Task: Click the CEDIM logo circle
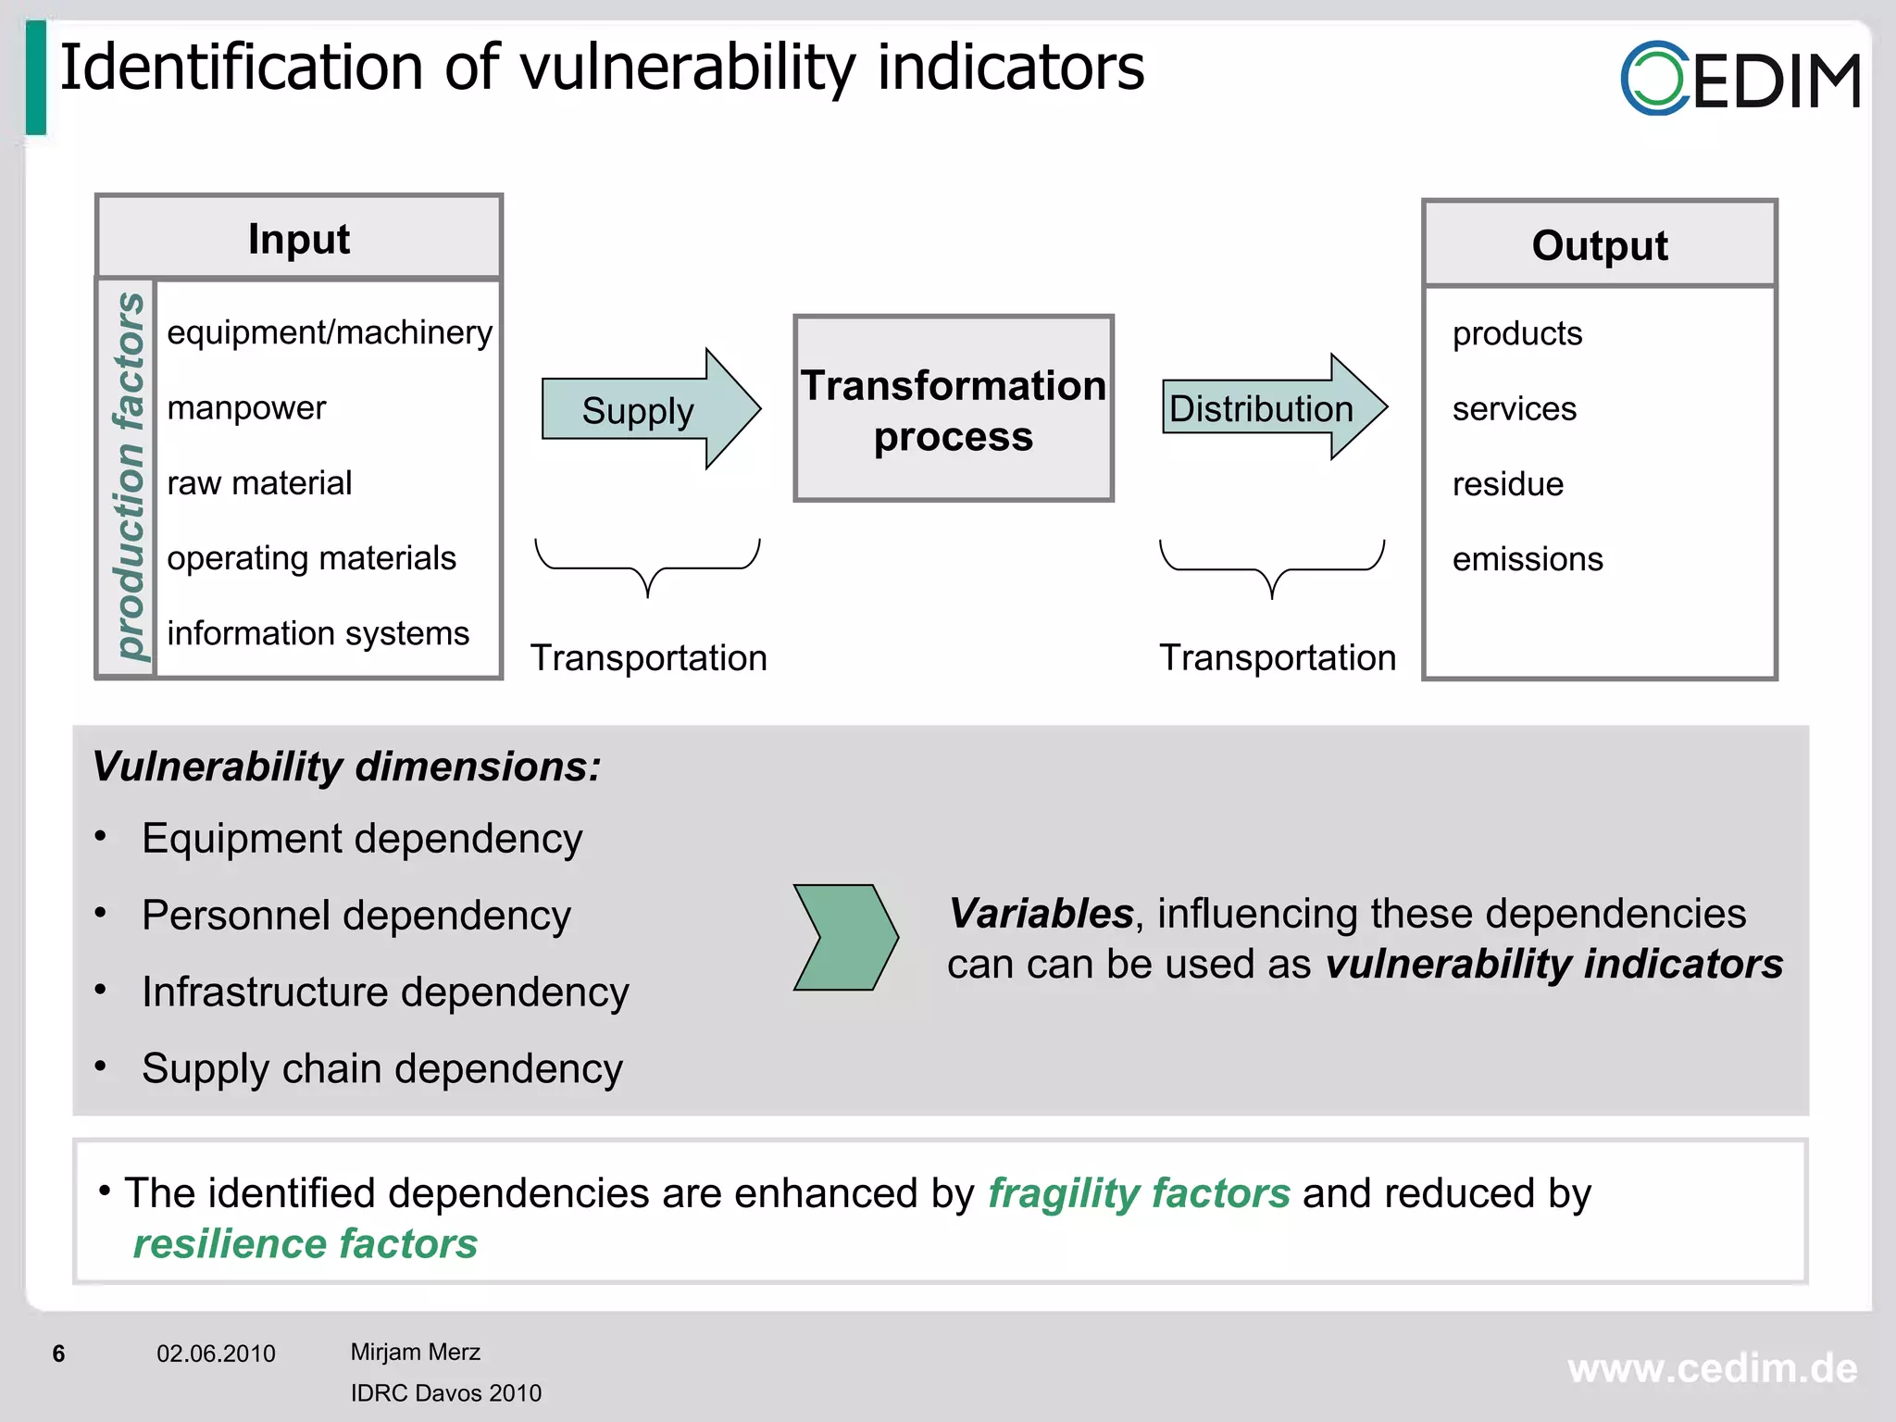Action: [x=1654, y=79]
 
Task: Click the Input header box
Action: [x=299, y=238]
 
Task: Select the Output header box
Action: [x=1599, y=244]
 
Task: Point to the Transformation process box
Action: [x=953, y=409]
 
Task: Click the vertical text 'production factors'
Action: [x=129, y=477]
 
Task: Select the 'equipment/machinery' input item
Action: [x=329, y=332]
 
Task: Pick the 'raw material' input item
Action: [x=259, y=483]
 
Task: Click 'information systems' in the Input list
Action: [x=318, y=633]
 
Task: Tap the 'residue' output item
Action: [x=1507, y=484]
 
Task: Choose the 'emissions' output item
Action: [x=1527, y=559]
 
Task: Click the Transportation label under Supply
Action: [x=648, y=658]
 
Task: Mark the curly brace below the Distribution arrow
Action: [x=1272, y=567]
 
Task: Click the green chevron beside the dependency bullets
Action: [x=844, y=937]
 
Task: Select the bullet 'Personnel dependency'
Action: [x=355, y=916]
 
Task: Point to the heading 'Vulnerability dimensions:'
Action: [x=346, y=767]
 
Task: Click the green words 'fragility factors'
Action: [x=1138, y=1193]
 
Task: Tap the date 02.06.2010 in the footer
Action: [x=216, y=1353]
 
